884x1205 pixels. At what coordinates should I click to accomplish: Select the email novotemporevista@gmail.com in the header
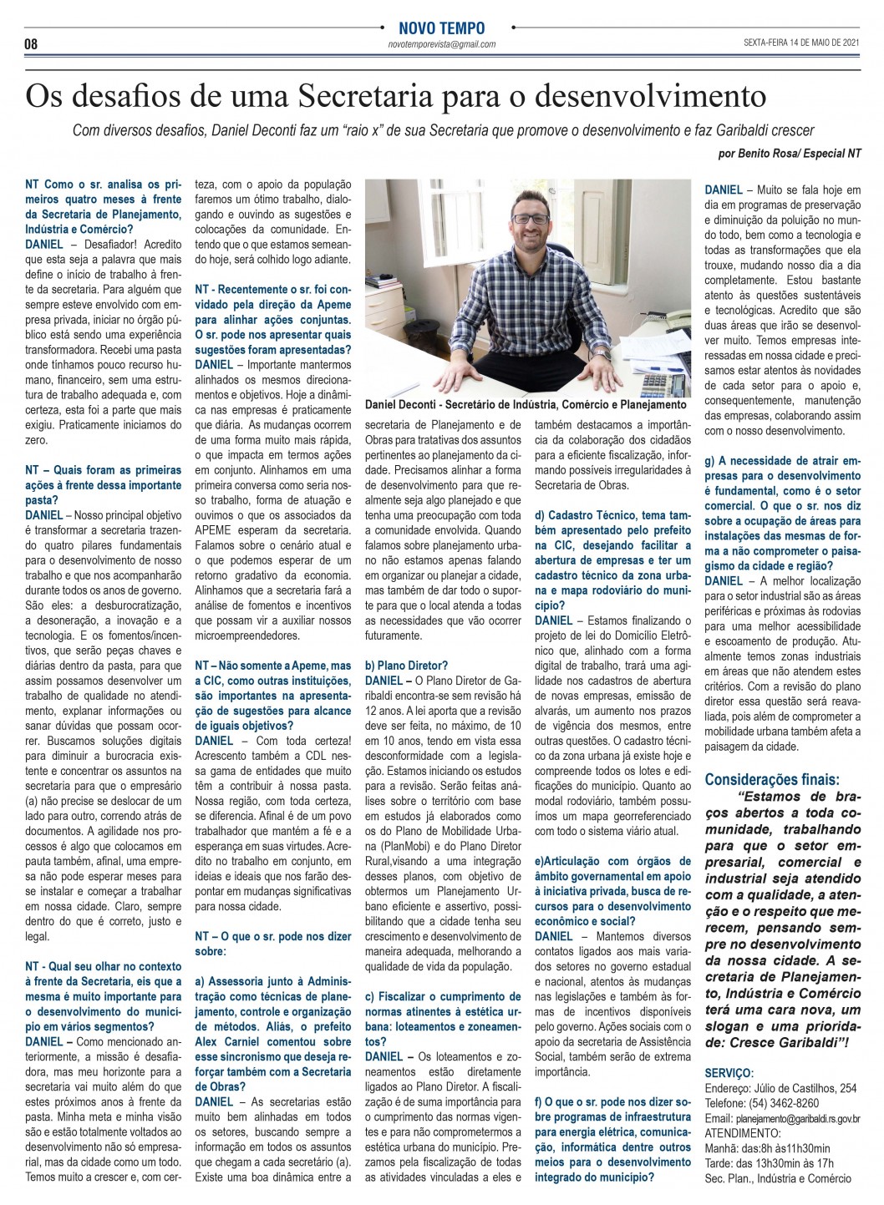tap(442, 44)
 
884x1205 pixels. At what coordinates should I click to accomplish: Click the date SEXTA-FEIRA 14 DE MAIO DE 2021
tap(802, 43)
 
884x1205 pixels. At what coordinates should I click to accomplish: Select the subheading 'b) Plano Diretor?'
tap(406, 666)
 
